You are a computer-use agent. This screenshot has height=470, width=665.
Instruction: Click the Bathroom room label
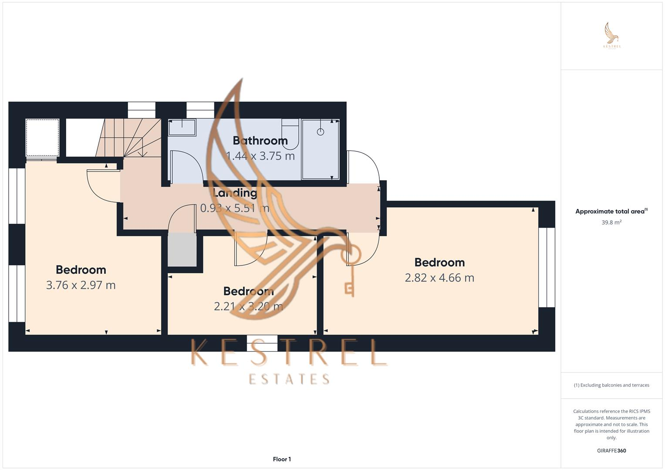tap(260, 141)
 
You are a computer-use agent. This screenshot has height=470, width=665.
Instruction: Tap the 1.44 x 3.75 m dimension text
tap(260, 156)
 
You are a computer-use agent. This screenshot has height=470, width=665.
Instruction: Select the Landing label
tap(235, 193)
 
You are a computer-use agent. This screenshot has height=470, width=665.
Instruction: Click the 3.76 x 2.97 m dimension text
tap(81, 285)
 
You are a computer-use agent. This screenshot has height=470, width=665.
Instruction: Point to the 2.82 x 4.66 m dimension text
tap(439, 278)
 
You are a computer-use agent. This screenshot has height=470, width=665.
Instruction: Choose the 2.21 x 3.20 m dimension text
tap(248, 306)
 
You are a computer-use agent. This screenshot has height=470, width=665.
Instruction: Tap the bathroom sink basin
tap(182, 127)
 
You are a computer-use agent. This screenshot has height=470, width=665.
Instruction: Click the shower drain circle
tap(321, 131)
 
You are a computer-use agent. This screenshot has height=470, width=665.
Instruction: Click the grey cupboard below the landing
tap(182, 250)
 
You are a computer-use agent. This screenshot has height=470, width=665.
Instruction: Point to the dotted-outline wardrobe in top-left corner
tap(42, 137)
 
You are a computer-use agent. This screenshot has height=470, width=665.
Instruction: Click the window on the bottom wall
tap(262, 343)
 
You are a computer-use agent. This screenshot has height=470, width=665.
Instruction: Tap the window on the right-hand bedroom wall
tap(547, 268)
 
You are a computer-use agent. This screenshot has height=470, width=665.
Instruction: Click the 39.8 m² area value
tap(611, 222)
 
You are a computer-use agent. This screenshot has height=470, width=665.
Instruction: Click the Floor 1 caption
tap(282, 459)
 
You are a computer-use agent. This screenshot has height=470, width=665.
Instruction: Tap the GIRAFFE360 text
tap(611, 450)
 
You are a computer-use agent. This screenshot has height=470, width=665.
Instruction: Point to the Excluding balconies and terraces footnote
tap(611, 385)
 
